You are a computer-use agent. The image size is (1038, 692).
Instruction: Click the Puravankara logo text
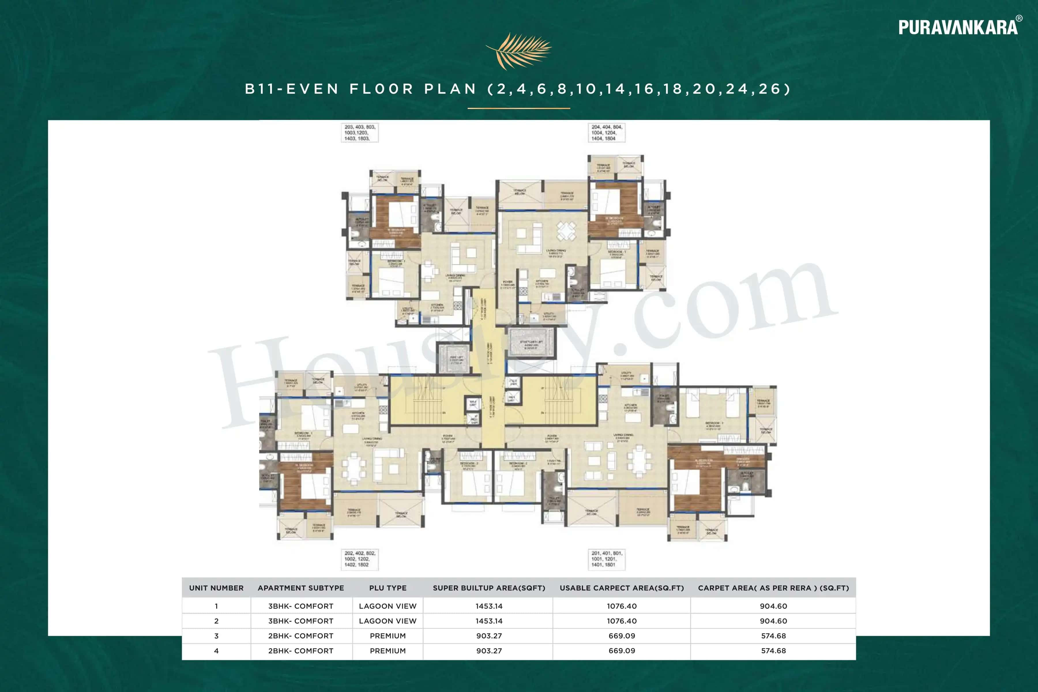(x=958, y=27)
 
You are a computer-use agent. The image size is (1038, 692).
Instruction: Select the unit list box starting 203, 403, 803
(x=360, y=132)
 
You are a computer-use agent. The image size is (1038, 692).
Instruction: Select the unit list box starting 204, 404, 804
(x=606, y=132)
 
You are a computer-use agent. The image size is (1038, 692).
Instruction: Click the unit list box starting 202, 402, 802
(x=360, y=559)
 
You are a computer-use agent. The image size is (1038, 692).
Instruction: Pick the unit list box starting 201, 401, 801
(x=606, y=559)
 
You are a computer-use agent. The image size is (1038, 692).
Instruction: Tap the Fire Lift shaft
(x=456, y=359)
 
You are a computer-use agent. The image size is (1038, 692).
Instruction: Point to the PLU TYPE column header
(x=388, y=588)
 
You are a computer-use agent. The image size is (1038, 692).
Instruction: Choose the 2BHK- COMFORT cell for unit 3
(x=300, y=635)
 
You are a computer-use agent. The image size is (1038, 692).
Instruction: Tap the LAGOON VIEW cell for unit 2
(x=388, y=621)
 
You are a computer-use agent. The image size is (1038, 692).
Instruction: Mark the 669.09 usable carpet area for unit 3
(x=621, y=635)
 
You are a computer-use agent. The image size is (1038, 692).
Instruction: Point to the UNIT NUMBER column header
(x=216, y=588)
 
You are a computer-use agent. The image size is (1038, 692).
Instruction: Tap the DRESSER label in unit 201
(x=743, y=460)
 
